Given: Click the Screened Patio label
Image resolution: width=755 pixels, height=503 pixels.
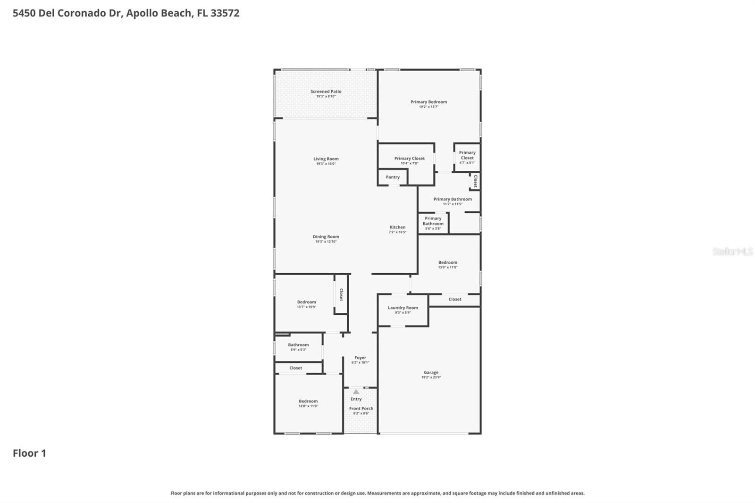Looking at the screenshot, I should pos(326,92).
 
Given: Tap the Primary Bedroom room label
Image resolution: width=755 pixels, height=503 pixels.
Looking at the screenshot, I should pos(428,102).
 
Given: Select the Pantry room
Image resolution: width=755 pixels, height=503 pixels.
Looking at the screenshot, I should pos(393,177).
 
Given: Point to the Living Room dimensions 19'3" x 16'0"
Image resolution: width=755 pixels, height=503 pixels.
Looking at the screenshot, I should pos(326,164).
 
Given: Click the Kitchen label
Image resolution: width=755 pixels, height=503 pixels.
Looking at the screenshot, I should pos(397,227).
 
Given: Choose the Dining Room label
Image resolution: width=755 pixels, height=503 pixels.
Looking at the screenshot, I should pos(326,237).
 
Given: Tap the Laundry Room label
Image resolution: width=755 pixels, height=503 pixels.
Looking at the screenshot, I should pos(403,308).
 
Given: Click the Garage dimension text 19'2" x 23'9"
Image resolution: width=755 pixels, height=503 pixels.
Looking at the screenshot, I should pos(431,377).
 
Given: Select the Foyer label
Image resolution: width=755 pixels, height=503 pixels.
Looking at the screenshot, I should pos(360,358).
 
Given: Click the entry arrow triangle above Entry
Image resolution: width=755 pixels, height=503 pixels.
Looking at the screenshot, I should pos(356,392).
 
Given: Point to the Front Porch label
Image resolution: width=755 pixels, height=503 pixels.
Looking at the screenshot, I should pos(361,409).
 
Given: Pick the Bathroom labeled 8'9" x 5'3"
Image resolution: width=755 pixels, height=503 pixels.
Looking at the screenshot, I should pos(298,347).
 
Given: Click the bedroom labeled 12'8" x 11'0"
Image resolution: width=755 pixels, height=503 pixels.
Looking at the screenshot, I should pos(308,403).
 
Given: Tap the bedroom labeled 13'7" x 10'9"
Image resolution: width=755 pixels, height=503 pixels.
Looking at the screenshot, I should pos(306,304).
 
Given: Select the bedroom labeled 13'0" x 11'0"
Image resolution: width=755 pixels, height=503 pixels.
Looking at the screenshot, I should pos(447,265).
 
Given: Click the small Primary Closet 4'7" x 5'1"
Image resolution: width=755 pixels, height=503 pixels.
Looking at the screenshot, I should pos(467,157).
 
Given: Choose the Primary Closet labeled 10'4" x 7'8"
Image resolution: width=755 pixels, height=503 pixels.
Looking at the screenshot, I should pos(409,160).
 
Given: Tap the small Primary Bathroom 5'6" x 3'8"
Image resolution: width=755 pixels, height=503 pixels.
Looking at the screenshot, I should pos(433,223).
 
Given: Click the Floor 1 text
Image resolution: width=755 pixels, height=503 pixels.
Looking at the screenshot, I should pos(29,453).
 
